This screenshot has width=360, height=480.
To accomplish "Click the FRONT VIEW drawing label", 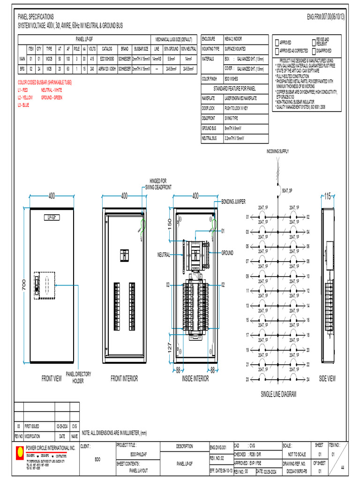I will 52,379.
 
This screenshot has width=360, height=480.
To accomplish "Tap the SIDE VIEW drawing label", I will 327,378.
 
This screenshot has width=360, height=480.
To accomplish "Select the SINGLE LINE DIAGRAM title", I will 278,394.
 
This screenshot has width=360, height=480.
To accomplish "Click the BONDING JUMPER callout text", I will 233,202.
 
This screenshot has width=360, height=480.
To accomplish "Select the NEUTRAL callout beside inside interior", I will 164,255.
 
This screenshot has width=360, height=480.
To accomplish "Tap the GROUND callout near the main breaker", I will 227,253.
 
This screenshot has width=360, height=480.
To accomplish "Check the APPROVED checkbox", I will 277,43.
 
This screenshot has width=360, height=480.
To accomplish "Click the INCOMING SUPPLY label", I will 277,151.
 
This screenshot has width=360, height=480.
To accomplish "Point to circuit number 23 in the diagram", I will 247,379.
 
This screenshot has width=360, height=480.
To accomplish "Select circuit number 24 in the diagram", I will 308,379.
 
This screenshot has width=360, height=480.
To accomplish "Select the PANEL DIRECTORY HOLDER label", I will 78,377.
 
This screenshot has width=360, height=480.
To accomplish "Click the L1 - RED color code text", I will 23,90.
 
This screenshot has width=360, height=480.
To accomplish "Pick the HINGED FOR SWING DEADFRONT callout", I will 158,184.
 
